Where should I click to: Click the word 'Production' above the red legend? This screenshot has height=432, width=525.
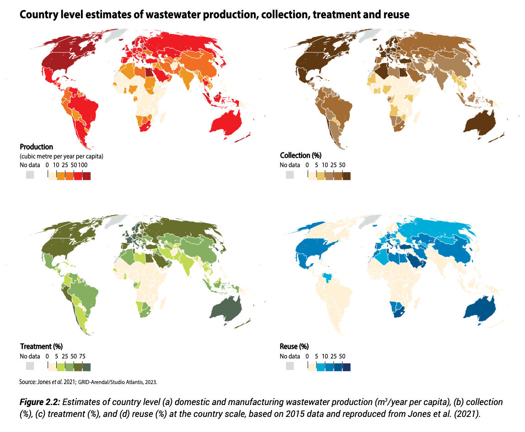click(37, 147)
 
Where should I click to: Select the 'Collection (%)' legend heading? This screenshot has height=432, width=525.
click(300, 155)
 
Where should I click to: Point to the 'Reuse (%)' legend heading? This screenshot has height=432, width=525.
click(294, 346)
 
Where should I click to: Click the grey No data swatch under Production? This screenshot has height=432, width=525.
click(30, 175)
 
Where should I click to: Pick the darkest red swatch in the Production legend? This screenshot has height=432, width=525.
click(86, 175)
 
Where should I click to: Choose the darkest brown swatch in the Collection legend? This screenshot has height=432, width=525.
click(346, 175)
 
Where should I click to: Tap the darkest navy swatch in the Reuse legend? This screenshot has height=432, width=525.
click(346, 366)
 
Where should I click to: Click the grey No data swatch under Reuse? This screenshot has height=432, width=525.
click(289, 366)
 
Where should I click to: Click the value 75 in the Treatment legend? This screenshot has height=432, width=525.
click(82, 356)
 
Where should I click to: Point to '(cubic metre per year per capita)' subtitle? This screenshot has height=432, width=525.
click(61, 156)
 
